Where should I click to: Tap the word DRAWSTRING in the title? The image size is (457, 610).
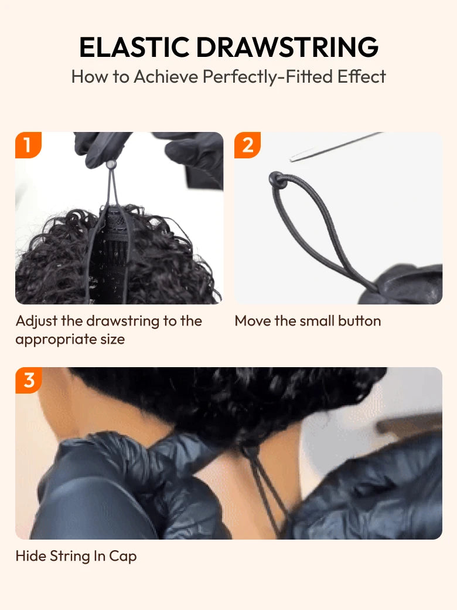pyautogui.click(x=288, y=48)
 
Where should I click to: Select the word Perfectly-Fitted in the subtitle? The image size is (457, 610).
pyautogui.click(x=267, y=77)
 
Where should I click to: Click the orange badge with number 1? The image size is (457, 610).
pyautogui.click(x=28, y=145)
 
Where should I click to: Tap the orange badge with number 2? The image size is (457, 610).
pyautogui.click(x=247, y=145)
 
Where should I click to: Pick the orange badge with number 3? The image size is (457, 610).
pyautogui.click(x=28, y=380)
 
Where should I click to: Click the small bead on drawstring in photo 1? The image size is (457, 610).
pyautogui.click(x=111, y=165)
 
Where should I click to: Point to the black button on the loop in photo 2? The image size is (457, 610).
pyautogui.click(x=277, y=179)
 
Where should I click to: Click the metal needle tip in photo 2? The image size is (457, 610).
pyautogui.click(x=293, y=159)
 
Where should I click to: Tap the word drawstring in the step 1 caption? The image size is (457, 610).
pyautogui.click(x=123, y=321)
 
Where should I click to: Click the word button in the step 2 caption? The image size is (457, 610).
pyautogui.click(x=360, y=321)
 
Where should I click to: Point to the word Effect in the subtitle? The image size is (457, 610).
pyautogui.click(x=361, y=77)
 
